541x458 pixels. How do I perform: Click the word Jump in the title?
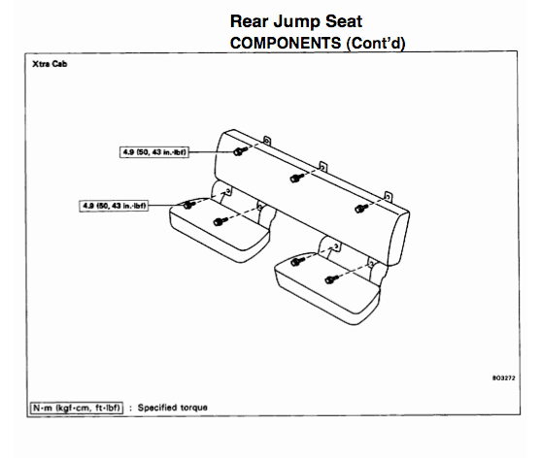pyautogui.click(x=296, y=22)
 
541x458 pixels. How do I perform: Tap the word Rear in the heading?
pyautogui.click(x=249, y=21)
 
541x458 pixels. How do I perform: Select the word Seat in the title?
pyautogui.click(x=344, y=21)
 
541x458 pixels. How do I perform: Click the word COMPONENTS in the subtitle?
pyautogui.click(x=286, y=43)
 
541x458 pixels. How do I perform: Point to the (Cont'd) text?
pyautogui.click(x=376, y=44)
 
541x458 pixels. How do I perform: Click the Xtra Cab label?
pyautogui.click(x=50, y=64)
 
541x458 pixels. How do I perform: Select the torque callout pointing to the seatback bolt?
pyautogui.click(x=154, y=152)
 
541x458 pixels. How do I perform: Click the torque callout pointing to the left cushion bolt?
pyautogui.click(x=114, y=206)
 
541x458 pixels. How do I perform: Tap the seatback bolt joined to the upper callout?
pyautogui.click(x=240, y=150)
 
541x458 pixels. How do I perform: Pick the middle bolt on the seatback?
pyautogui.click(x=296, y=178)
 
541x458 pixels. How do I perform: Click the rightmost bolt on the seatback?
pyautogui.click(x=361, y=209)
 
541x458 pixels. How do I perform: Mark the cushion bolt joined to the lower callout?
pyautogui.click(x=188, y=205)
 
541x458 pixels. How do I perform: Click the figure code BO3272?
pyautogui.click(x=504, y=378)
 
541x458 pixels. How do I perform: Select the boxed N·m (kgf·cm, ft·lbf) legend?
pyautogui.click(x=77, y=408)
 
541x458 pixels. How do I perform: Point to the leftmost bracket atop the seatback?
pyautogui.click(x=267, y=141)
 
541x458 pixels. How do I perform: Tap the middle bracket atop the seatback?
pyautogui.click(x=322, y=167)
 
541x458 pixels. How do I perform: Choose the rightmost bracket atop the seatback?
pyautogui.click(x=388, y=197)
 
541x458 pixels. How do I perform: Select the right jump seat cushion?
pyautogui.click(x=327, y=289)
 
